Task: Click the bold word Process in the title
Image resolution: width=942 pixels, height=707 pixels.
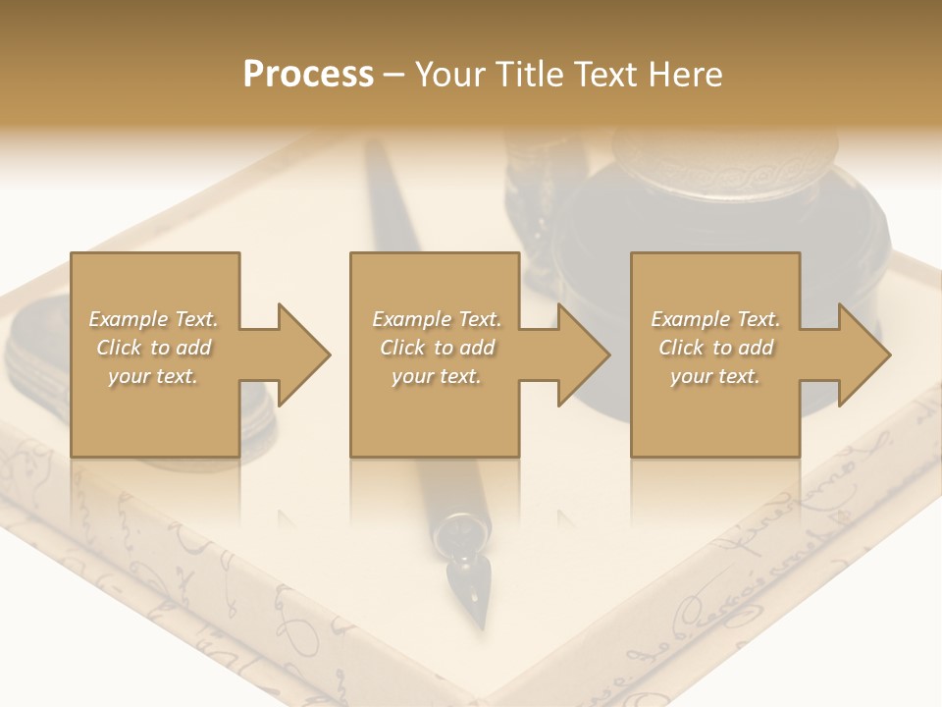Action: (308, 75)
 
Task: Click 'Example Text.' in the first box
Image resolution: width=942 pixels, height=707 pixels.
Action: (153, 319)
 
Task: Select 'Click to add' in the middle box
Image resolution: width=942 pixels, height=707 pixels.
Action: (437, 348)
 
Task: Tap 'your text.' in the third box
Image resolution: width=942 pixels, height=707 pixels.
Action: (714, 376)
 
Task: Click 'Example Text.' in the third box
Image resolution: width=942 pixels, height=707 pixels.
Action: (715, 319)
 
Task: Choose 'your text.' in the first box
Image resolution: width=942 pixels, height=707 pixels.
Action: (153, 376)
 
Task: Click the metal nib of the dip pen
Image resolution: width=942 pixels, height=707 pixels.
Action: (466, 584)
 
